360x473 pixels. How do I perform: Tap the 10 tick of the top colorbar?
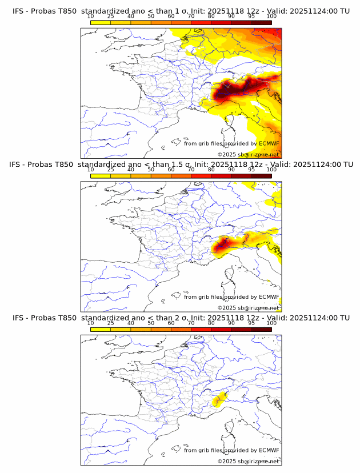[91, 17]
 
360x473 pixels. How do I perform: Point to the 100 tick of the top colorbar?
[271, 17]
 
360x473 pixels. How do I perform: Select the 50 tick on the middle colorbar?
[151, 170]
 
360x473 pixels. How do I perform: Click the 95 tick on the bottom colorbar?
[251, 323]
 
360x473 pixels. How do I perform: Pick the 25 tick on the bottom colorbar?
[111, 323]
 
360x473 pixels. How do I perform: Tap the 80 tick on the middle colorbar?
[211, 170]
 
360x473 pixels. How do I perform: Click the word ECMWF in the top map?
[269, 143]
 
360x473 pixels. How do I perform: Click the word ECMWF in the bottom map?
[269, 450]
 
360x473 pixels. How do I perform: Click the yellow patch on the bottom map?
[217, 401]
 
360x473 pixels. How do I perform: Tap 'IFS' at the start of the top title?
[18, 11]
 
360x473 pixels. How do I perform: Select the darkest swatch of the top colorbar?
[262, 22]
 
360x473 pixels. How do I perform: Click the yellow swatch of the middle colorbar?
[101, 175]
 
